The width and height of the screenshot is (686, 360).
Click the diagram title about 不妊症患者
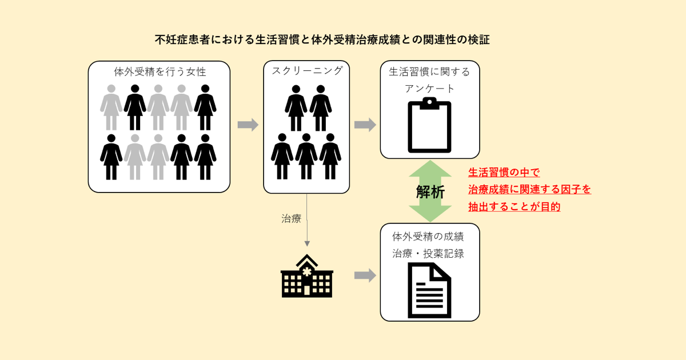pyautogui.click(x=322, y=40)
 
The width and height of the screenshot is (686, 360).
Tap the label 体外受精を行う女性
pyautogui.click(x=159, y=72)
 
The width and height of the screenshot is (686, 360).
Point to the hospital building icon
pyautogui.click(x=307, y=276)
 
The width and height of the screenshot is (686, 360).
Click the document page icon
pyautogui.click(x=429, y=290)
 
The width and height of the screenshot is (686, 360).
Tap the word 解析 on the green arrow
pyautogui.click(x=430, y=192)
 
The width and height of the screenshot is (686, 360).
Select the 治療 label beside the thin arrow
pyautogui.click(x=292, y=218)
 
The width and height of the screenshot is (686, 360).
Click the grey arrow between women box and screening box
pyautogui.click(x=248, y=125)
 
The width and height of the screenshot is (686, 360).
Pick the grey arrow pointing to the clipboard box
pyautogui.click(x=365, y=125)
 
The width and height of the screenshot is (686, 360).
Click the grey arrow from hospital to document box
pyautogui.click(x=365, y=276)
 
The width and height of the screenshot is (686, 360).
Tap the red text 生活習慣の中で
pyautogui.click(x=504, y=172)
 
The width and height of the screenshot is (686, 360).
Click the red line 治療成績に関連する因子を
pyautogui.click(x=529, y=190)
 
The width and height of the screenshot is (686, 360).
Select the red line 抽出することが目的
pyautogui.click(x=514, y=207)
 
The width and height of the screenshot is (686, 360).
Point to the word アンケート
pyautogui.click(x=429, y=89)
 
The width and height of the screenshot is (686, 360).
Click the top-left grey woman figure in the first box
pyautogui.click(x=111, y=107)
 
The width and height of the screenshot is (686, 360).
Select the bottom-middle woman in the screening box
pyautogui.click(x=306, y=156)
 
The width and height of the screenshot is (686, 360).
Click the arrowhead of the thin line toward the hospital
pyautogui.click(x=307, y=243)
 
